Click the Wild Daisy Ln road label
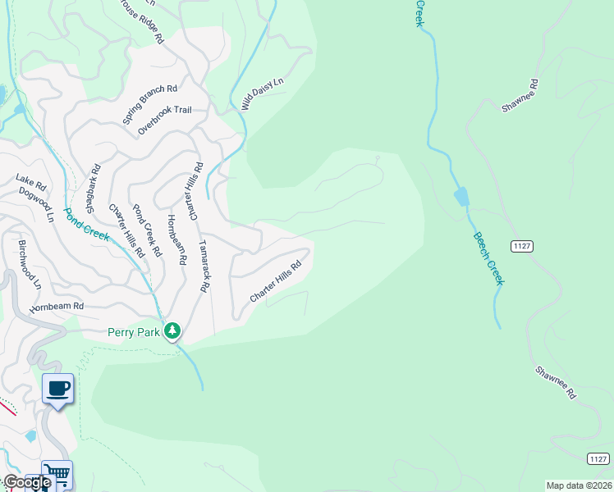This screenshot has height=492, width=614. tap(263, 93)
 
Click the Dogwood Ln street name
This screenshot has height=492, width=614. tap(44, 203)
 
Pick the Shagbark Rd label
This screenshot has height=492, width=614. tap(92, 187)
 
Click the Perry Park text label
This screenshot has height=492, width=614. tap(134, 332)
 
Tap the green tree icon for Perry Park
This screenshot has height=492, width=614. tap(172, 331)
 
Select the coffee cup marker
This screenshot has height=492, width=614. tap(57, 389)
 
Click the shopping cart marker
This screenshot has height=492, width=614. tap(57, 474)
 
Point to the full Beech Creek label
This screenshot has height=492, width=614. tap(488, 258)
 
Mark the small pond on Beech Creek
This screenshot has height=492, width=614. tap(461, 197)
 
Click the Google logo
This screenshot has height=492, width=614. tap(26, 482)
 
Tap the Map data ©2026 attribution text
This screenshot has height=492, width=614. tap(579, 485)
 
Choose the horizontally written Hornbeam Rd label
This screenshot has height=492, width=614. tap(57, 307)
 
